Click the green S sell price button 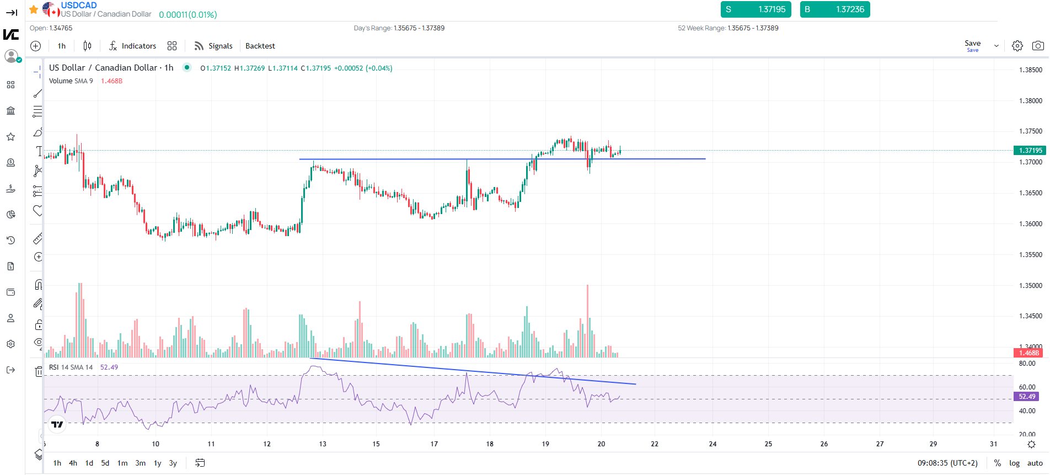[756, 9]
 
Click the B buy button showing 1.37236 [834, 9]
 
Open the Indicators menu [132, 46]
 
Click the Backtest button [260, 46]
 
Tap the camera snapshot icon [1037, 46]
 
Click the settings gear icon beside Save [1017, 46]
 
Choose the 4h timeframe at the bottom [73, 463]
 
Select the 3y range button [173, 463]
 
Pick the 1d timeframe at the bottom [89, 463]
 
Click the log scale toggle [1014, 463]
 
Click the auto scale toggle [1035, 463]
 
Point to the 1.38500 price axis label [1030, 70]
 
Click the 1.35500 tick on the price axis [1030, 255]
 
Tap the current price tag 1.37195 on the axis [1030, 150]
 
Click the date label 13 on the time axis [323, 444]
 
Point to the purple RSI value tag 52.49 [1026, 396]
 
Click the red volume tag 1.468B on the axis [1028, 353]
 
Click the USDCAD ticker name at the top [79, 6]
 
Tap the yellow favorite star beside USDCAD [34, 9]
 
